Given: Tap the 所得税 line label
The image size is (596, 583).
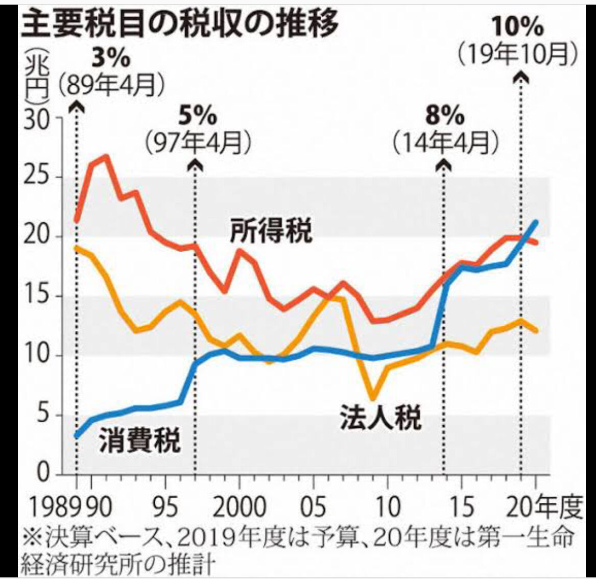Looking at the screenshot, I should (x=271, y=231).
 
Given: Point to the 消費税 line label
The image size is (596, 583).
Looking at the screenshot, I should (x=139, y=440).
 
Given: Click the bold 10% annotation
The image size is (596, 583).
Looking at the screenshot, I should (x=517, y=27).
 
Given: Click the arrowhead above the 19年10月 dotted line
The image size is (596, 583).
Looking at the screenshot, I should (x=520, y=77).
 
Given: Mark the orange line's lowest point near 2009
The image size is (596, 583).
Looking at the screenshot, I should (x=373, y=399).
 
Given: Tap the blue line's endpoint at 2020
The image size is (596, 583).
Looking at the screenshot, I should (x=536, y=222).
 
